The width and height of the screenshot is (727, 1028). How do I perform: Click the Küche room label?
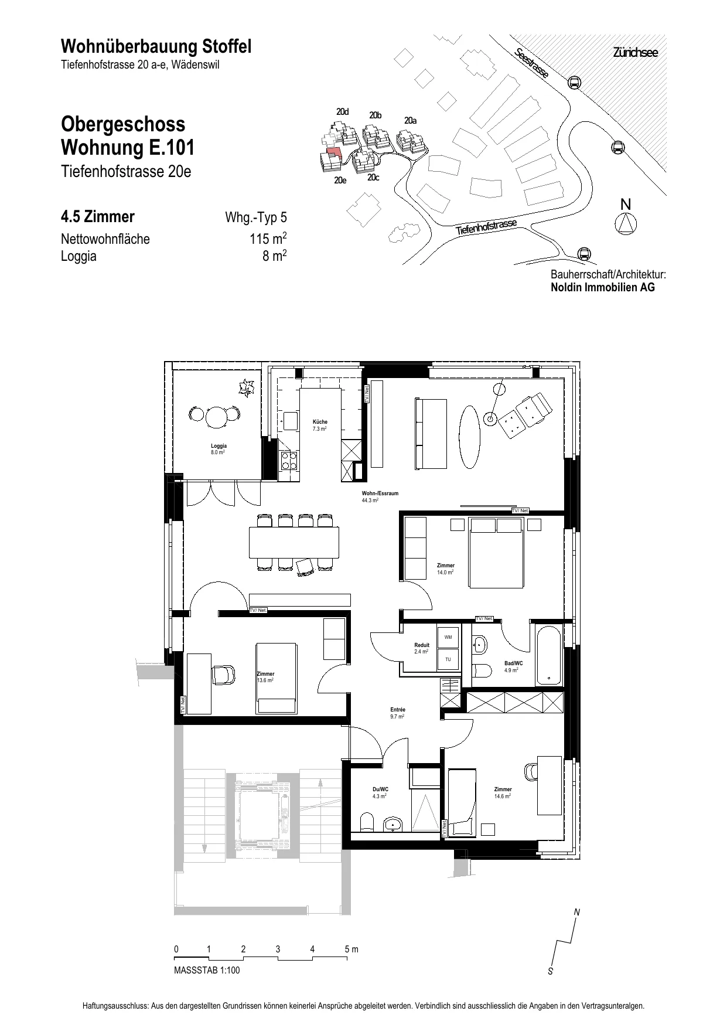[320, 422]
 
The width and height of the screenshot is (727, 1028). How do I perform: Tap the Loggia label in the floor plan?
[219, 446]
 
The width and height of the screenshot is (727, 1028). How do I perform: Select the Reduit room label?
[422, 645]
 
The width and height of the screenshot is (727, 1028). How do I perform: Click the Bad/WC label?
[513, 663]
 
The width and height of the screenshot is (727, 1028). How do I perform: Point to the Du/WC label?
[380, 789]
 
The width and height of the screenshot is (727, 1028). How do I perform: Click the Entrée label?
[398, 710]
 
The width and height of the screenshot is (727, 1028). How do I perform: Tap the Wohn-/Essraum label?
[380, 493]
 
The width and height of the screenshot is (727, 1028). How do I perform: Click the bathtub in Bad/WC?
[549, 656]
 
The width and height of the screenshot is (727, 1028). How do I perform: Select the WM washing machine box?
[448, 637]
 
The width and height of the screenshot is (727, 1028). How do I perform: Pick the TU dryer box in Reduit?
[448, 659]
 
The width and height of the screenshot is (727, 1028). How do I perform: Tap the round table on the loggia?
[217, 417]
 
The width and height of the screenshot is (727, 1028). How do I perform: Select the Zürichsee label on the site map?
[636, 53]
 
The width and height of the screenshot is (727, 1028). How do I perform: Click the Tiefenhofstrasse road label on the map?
[487, 228]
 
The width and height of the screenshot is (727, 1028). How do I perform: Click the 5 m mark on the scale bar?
[350, 949]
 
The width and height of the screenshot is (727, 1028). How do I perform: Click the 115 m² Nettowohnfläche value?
[268, 239]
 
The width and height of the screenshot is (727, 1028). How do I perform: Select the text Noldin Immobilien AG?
[603, 287]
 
